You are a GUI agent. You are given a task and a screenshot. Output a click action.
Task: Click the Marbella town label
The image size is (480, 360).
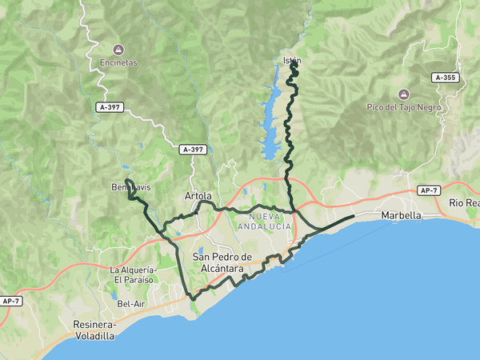402,216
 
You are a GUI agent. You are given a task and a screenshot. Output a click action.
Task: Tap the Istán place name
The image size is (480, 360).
291,61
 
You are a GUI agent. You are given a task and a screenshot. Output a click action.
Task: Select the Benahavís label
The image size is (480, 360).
130,187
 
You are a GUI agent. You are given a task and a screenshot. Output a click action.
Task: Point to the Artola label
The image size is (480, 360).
198,196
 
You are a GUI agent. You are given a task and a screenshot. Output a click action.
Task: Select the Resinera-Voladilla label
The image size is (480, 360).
94,331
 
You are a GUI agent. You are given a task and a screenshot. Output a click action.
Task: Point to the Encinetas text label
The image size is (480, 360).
119,62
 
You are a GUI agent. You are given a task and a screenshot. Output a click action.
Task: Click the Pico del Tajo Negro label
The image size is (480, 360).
404,107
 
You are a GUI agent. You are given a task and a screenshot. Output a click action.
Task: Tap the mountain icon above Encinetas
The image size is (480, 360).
119,49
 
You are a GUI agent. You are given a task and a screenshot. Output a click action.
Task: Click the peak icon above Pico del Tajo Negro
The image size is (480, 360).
404,94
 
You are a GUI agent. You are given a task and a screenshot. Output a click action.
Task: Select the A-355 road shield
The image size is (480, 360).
446,78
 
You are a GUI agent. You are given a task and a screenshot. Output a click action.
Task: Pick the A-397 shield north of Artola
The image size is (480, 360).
193,150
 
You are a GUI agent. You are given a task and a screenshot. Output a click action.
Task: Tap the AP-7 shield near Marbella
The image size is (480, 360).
430,190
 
